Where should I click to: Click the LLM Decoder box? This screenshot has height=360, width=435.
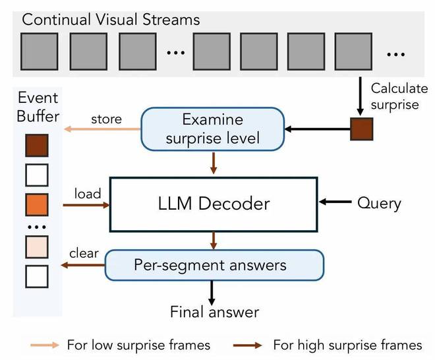(x=212, y=203)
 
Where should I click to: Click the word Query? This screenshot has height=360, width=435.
(x=379, y=202)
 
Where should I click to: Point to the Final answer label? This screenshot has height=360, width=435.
(x=215, y=312)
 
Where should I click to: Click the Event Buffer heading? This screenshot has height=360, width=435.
(x=38, y=107)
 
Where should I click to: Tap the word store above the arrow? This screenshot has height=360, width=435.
(x=106, y=119)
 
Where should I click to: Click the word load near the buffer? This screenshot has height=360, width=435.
(x=88, y=193)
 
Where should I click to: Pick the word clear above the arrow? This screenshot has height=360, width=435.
(x=84, y=253)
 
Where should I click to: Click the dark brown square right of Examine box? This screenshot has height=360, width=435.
(x=361, y=129)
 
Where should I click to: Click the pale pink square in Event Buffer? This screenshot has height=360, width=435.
(x=37, y=247)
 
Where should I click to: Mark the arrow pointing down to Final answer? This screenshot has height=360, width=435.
(x=212, y=290)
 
